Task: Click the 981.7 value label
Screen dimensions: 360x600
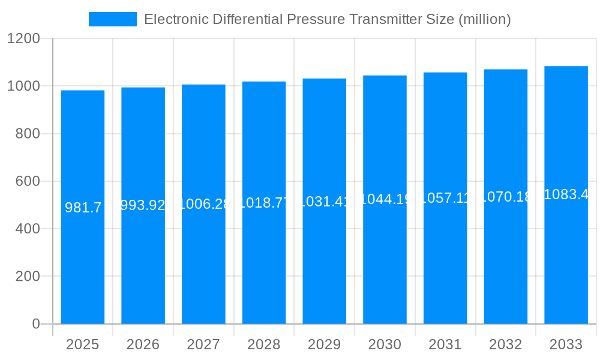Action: pyautogui.click(x=83, y=208)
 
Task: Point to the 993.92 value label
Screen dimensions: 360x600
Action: pyautogui.click(x=143, y=206)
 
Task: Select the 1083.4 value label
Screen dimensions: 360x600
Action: pyautogui.click(x=566, y=194)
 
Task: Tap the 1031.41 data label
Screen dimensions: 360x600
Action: pyautogui.click(x=324, y=201)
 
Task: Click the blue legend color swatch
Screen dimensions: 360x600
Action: pyautogui.click(x=112, y=19)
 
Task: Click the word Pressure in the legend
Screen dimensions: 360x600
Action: pyautogui.click(x=316, y=19)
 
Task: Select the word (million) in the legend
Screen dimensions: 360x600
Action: pyautogui.click(x=484, y=19)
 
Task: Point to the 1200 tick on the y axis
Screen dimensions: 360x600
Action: pyautogui.click(x=23, y=39)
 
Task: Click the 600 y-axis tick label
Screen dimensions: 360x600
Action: pyautogui.click(x=28, y=181)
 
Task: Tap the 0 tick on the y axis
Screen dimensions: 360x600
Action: pyautogui.click(x=35, y=324)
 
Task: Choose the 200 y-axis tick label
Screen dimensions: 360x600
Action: pyautogui.click(x=28, y=277)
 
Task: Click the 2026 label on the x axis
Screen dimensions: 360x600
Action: pyautogui.click(x=143, y=344)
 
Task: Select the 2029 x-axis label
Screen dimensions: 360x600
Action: pyautogui.click(x=324, y=344)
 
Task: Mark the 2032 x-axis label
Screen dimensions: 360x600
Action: pyautogui.click(x=505, y=344)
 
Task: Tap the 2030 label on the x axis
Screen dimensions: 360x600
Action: pyautogui.click(x=385, y=344)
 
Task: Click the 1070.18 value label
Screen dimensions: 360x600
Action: pyautogui.click(x=505, y=196)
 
